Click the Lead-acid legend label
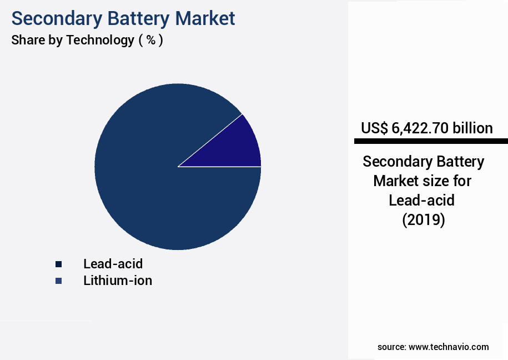pos(113,263)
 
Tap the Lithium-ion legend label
pos(118,281)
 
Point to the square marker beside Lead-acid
pos(58,264)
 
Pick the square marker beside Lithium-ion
pos(58,281)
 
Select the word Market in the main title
pos(205,18)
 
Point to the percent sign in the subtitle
pos(150,40)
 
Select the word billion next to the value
pos(472,128)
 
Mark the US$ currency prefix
pos(374,128)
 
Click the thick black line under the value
pos(431,141)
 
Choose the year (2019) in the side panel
pos(424,219)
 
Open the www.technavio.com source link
pos(449,347)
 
